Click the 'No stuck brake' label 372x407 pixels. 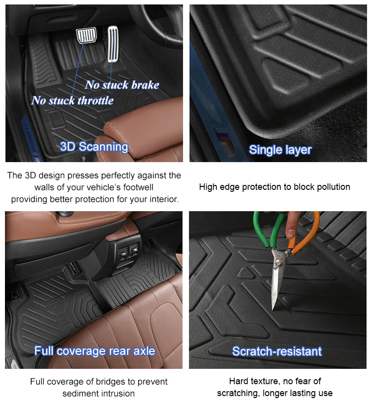[x=122, y=85]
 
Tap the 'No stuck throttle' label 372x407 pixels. [x=72, y=101]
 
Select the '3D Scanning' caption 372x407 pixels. [x=94, y=147]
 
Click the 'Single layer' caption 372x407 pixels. [x=280, y=150]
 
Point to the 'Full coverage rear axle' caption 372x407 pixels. [x=94, y=351]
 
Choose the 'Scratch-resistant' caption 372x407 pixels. [x=277, y=351]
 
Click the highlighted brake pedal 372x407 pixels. [x=86, y=36]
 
